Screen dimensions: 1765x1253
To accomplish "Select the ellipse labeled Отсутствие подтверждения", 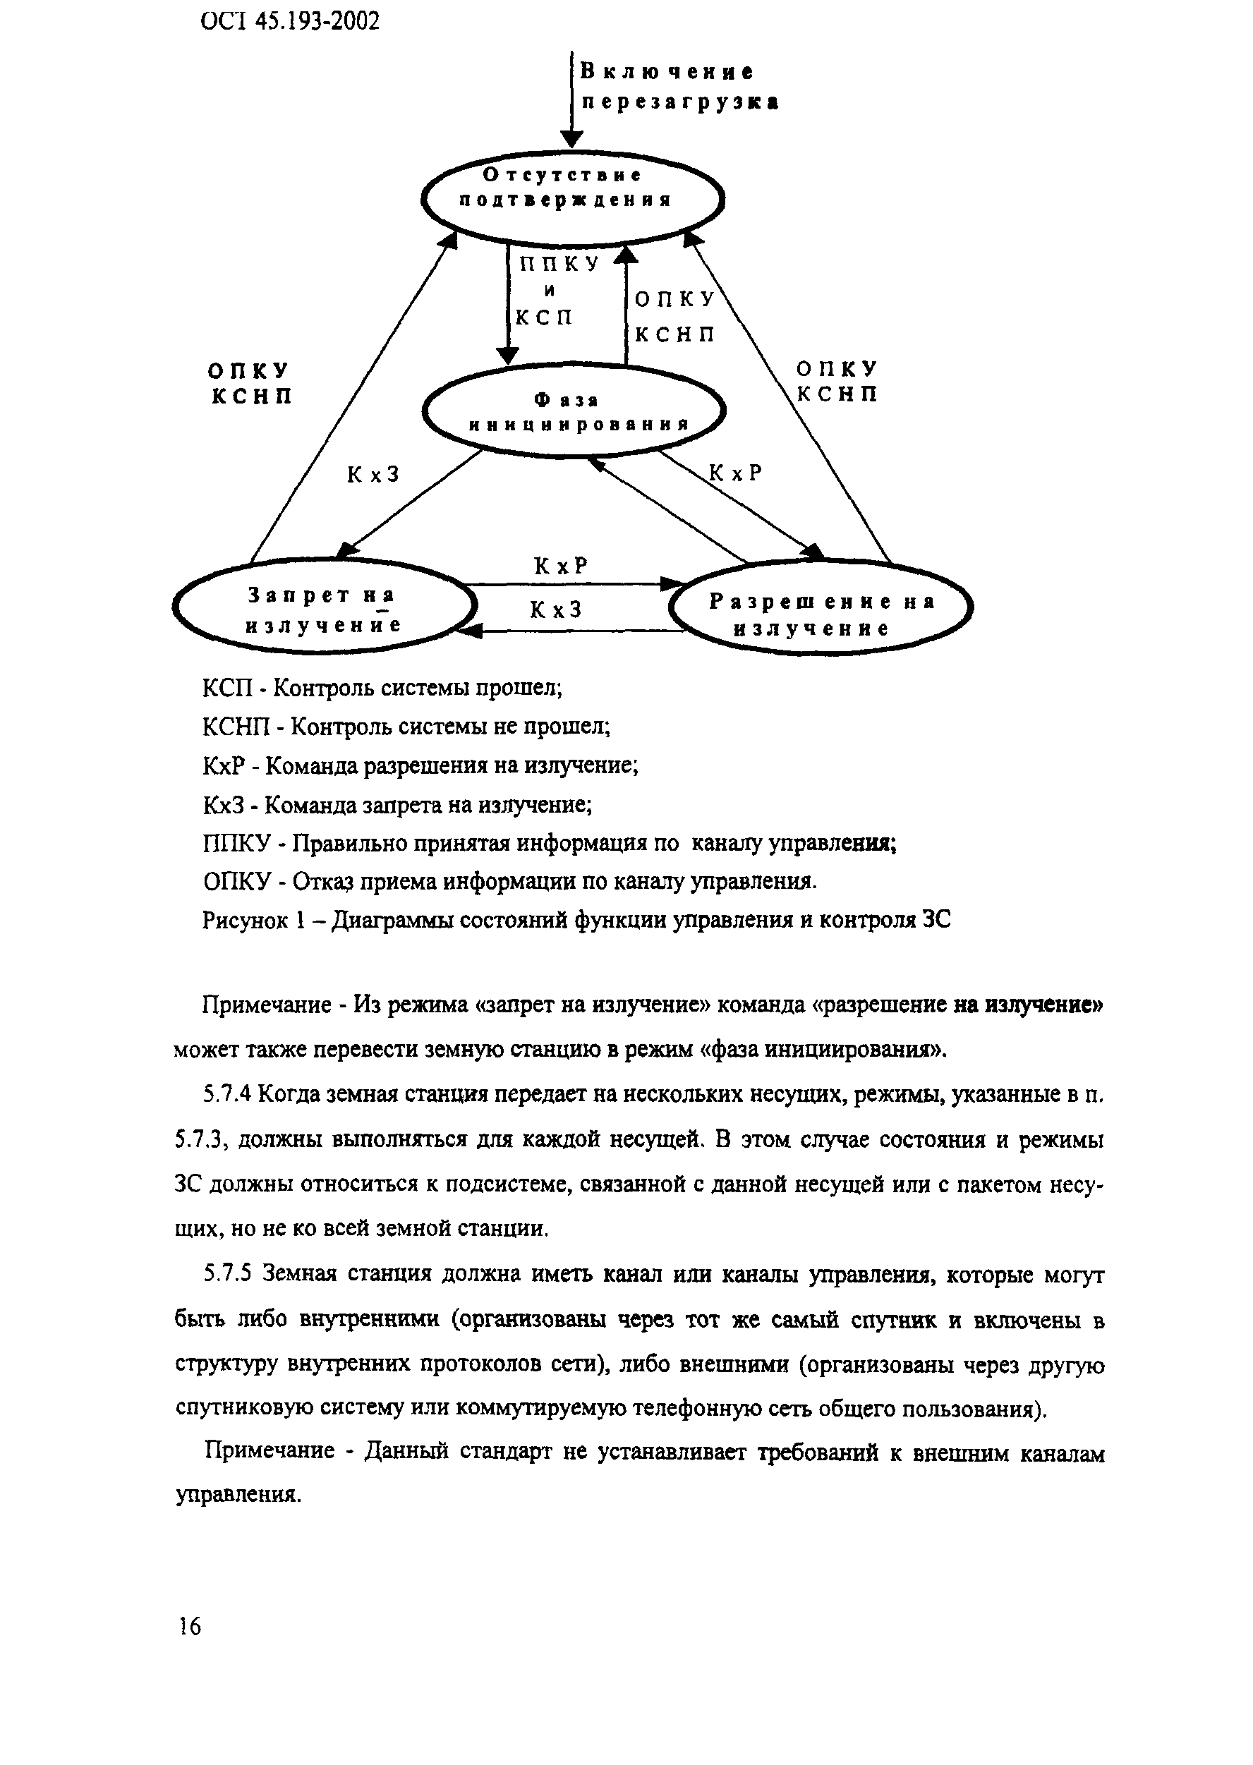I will [571, 198].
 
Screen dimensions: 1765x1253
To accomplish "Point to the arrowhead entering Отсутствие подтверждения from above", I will [571, 140].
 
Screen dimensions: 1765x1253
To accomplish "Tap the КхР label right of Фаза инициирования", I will [735, 473].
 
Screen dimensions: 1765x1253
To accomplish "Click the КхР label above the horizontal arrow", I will [561, 567].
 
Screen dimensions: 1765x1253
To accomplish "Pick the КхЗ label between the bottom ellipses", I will [555, 610].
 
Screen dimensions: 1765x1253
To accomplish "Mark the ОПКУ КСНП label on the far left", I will [250, 383].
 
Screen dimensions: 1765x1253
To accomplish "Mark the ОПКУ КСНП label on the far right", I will [837, 382].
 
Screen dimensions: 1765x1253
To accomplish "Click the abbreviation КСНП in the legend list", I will [237, 727].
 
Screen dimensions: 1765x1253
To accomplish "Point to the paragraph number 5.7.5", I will [229, 1275].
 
